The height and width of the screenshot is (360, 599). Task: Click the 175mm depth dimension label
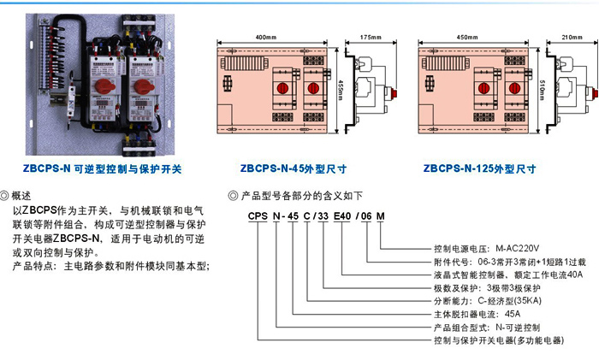[371, 38]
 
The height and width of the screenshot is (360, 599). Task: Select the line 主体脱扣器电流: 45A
[477, 314]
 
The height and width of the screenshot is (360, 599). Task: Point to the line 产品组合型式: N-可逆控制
[487, 328]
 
